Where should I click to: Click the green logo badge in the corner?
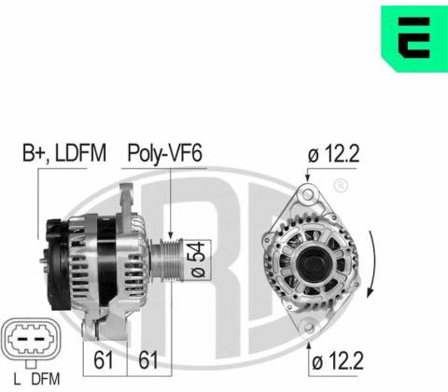[x=414, y=38]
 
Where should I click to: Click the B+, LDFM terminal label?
[x=64, y=153]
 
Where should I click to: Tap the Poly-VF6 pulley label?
[x=165, y=153]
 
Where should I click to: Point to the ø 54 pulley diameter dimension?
[x=198, y=260]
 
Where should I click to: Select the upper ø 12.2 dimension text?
[x=333, y=154]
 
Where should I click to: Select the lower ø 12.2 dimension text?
[x=338, y=361]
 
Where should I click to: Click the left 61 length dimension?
[x=104, y=360]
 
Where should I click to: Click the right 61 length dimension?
[x=148, y=360]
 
